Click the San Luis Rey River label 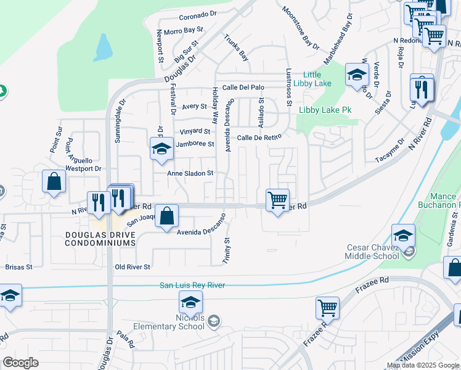(192, 285)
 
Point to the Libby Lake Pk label (325, 110)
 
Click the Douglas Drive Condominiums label (100, 239)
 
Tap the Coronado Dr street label (199, 17)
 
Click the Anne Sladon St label (190, 174)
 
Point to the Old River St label (133, 267)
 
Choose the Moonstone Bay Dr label (301, 28)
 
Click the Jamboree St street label (194, 144)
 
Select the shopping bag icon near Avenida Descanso (166, 216)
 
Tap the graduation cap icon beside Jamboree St (161, 149)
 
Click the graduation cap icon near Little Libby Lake (357, 75)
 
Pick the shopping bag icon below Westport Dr (54, 181)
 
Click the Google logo (20, 363)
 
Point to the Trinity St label (227, 251)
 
